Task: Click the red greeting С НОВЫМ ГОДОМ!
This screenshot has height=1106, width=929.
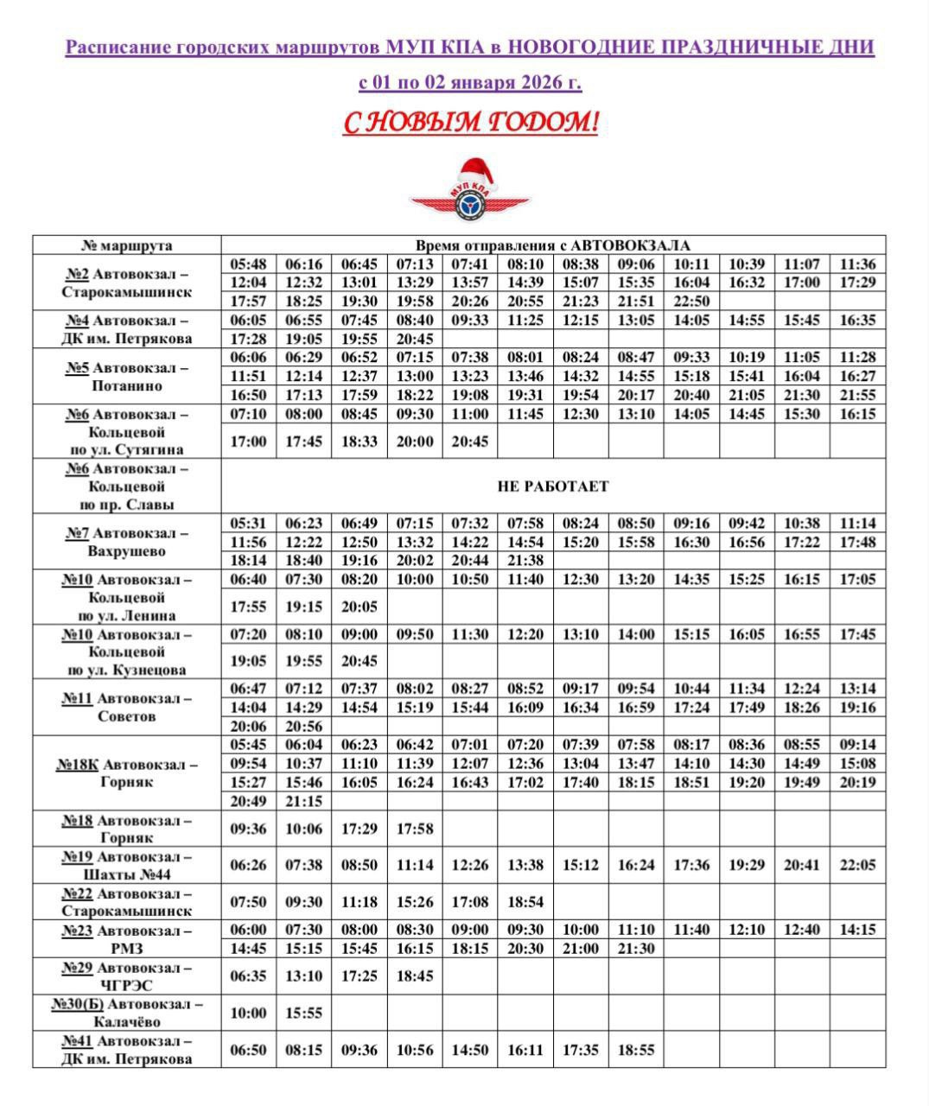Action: pyautogui.click(x=470, y=123)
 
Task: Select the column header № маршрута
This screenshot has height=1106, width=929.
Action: pyautogui.click(x=127, y=245)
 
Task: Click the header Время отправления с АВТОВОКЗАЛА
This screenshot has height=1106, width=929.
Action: pyautogui.click(x=553, y=245)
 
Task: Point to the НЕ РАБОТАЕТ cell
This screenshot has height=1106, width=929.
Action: pyautogui.click(x=553, y=486)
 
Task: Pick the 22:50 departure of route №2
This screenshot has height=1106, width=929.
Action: pyautogui.click(x=691, y=302)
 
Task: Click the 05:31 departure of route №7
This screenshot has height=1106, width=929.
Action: pyautogui.click(x=249, y=524)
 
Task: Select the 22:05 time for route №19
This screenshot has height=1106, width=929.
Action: pyautogui.click(x=857, y=865)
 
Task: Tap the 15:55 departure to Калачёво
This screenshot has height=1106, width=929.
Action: pyautogui.click(x=304, y=1013)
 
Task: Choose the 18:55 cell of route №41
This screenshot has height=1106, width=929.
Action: pyautogui.click(x=636, y=1050)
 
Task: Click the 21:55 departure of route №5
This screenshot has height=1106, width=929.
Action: pyautogui.click(x=857, y=395)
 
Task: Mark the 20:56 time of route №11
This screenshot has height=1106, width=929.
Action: pyautogui.click(x=304, y=727)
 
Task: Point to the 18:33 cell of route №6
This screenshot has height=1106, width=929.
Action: pyautogui.click(x=360, y=442)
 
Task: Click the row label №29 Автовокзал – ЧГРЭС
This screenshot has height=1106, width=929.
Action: pyautogui.click(x=127, y=976)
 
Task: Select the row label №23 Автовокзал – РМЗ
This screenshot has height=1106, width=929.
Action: pyautogui.click(x=127, y=939)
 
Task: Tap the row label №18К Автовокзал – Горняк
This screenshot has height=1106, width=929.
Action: pyautogui.click(x=127, y=773)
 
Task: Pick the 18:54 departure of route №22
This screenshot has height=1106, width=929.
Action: pyautogui.click(x=525, y=902)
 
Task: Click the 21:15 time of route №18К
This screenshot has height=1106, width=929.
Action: pyautogui.click(x=304, y=801)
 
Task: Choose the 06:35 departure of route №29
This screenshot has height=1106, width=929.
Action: pyautogui.click(x=249, y=976)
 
